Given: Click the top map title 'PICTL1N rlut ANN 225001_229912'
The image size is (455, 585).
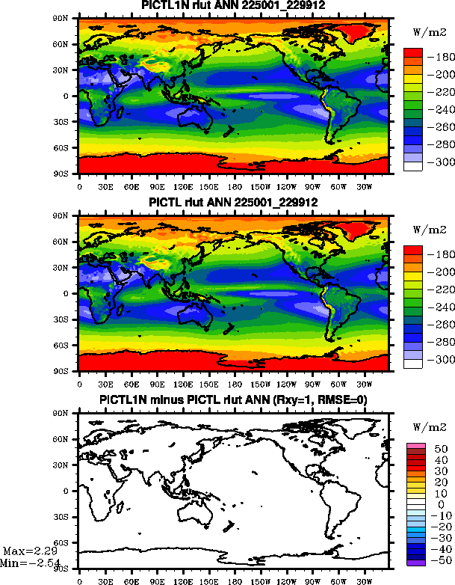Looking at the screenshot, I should click(x=235, y=7).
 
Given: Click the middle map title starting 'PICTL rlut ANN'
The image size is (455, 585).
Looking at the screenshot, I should click(x=235, y=203).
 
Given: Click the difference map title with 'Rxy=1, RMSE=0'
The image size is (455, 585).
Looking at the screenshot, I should click(x=235, y=400).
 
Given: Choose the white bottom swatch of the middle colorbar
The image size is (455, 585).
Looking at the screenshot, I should click(x=413, y=364).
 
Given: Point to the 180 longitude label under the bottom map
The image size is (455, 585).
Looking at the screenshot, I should click(x=235, y=579).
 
